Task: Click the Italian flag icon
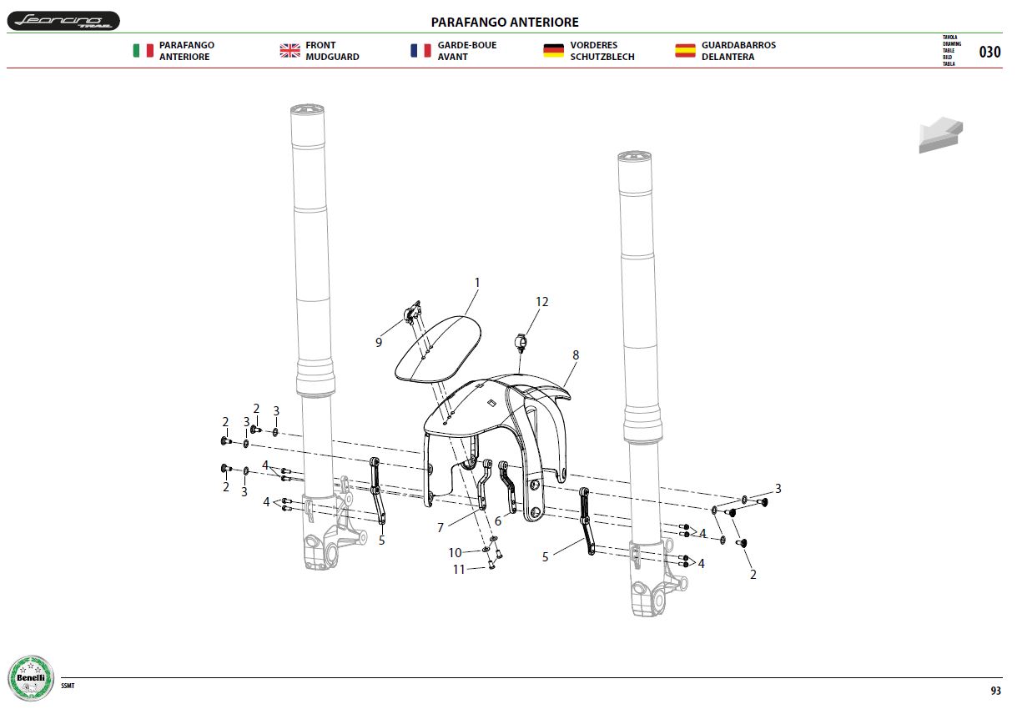click(143, 50)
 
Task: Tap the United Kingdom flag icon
click(289, 50)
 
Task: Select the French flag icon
click(420, 50)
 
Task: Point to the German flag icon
click(553, 50)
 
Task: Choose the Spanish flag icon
click(685, 50)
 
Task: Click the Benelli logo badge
click(31, 677)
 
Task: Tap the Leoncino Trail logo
click(63, 21)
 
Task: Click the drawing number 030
click(989, 52)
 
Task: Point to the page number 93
click(995, 691)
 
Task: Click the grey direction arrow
click(941, 135)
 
